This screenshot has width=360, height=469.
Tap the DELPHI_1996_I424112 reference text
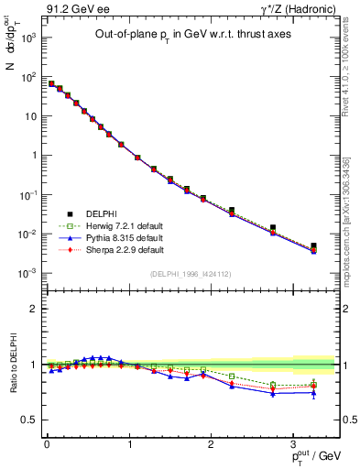190,273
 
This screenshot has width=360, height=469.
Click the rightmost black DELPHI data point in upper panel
313,245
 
